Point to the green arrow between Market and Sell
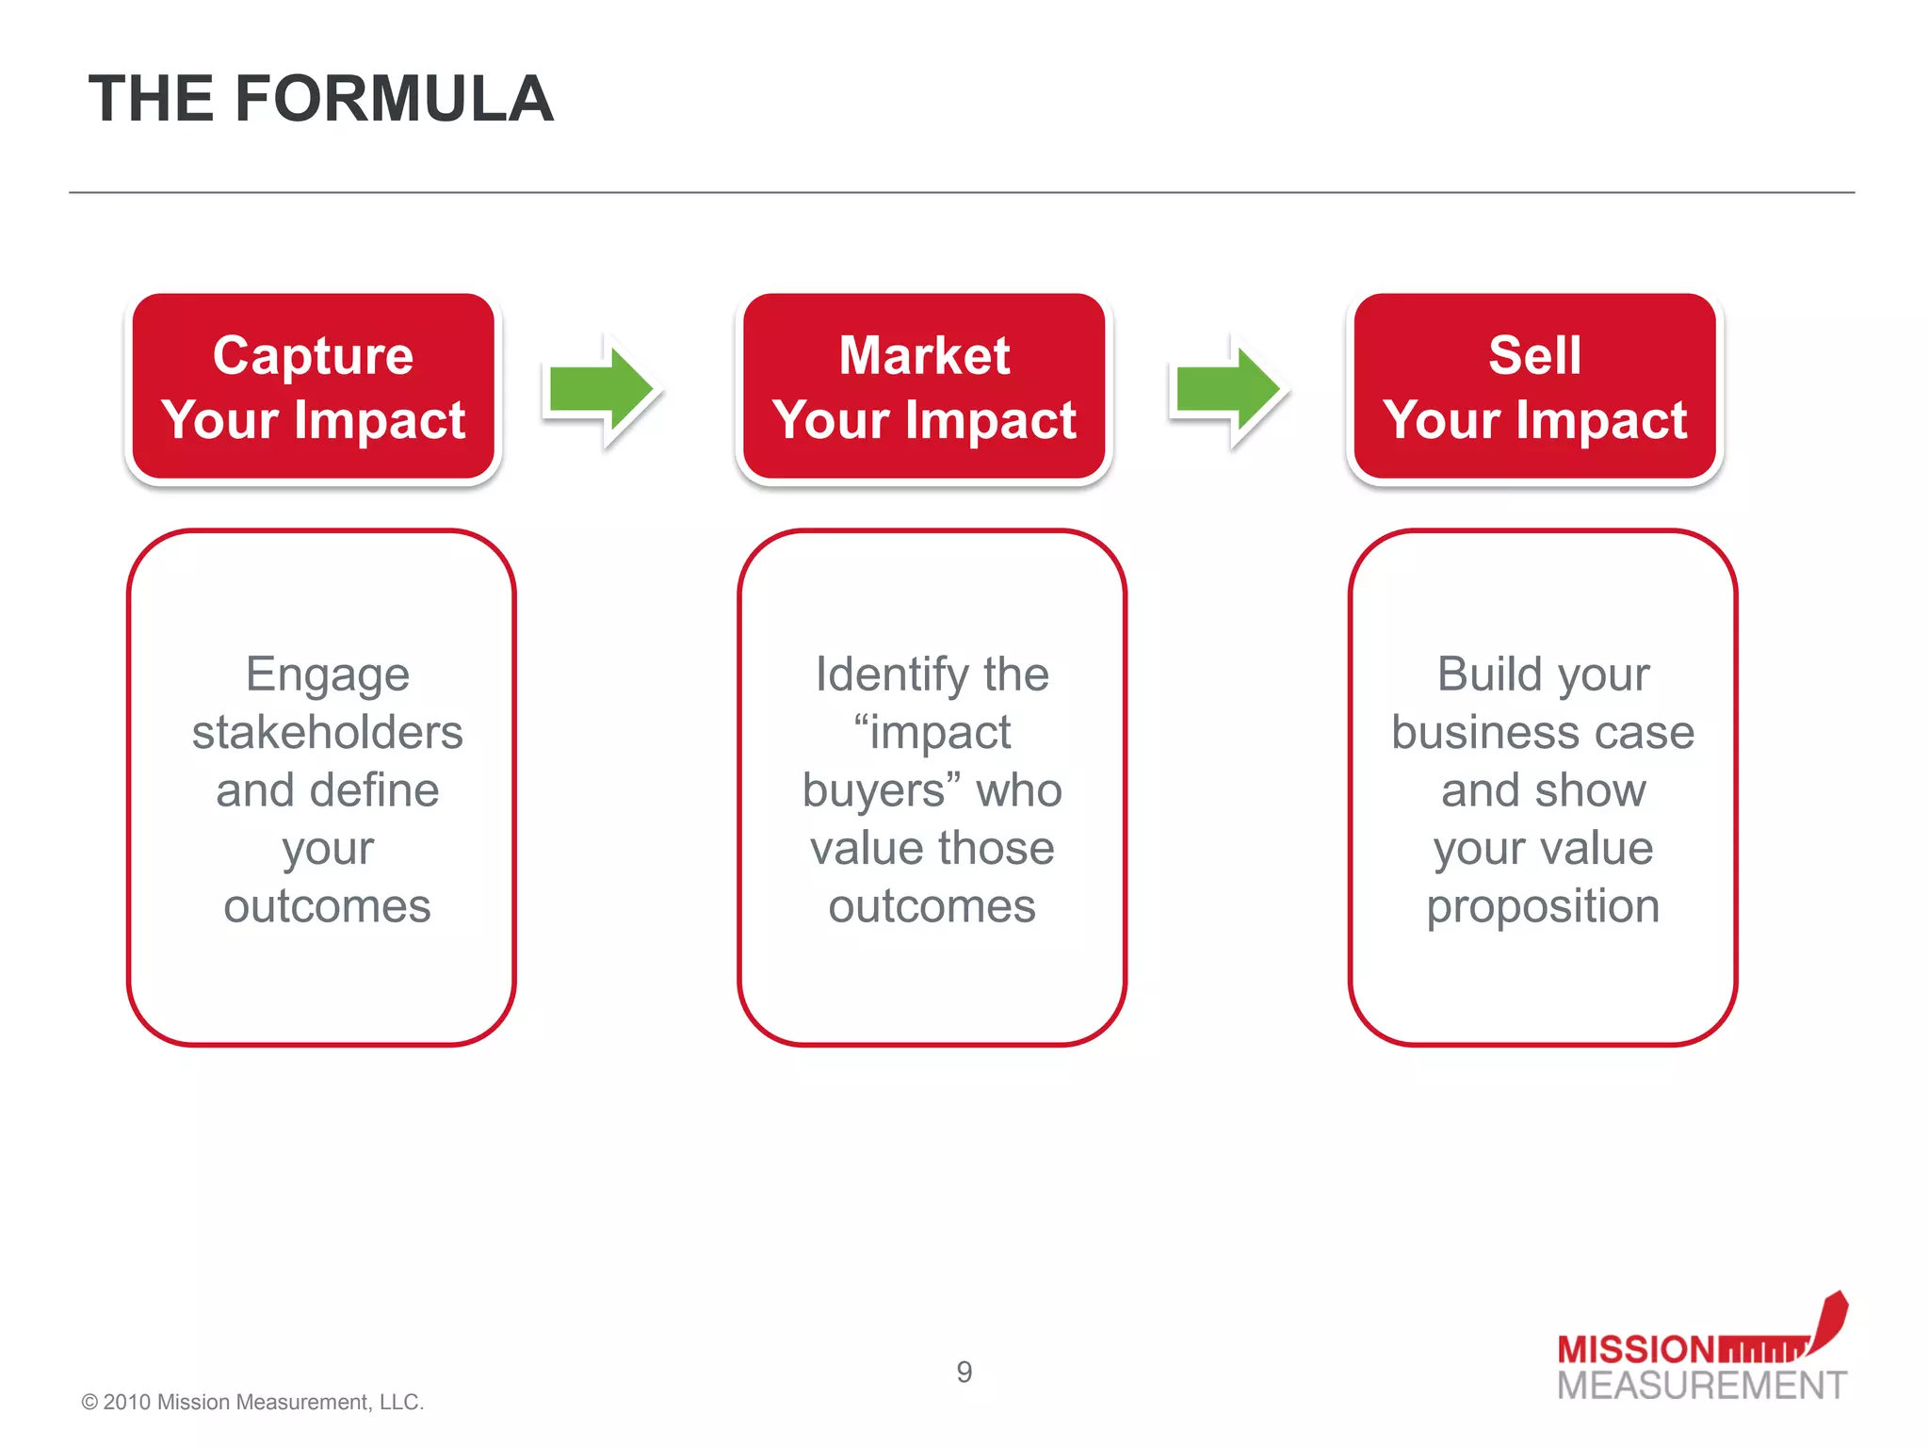(x=1228, y=389)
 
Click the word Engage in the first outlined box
(x=327, y=675)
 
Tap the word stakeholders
(x=327, y=733)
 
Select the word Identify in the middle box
(x=892, y=675)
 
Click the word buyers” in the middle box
(x=882, y=791)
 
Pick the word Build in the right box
(x=1489, y=675)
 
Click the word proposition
(x=1543, y=907)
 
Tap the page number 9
(x=964, y=1372)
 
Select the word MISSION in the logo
(x=1635, y=1350)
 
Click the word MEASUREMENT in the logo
(x=1701, y=1386)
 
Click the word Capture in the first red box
(x=313, y=356)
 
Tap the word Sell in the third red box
(x=1534, y=356)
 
